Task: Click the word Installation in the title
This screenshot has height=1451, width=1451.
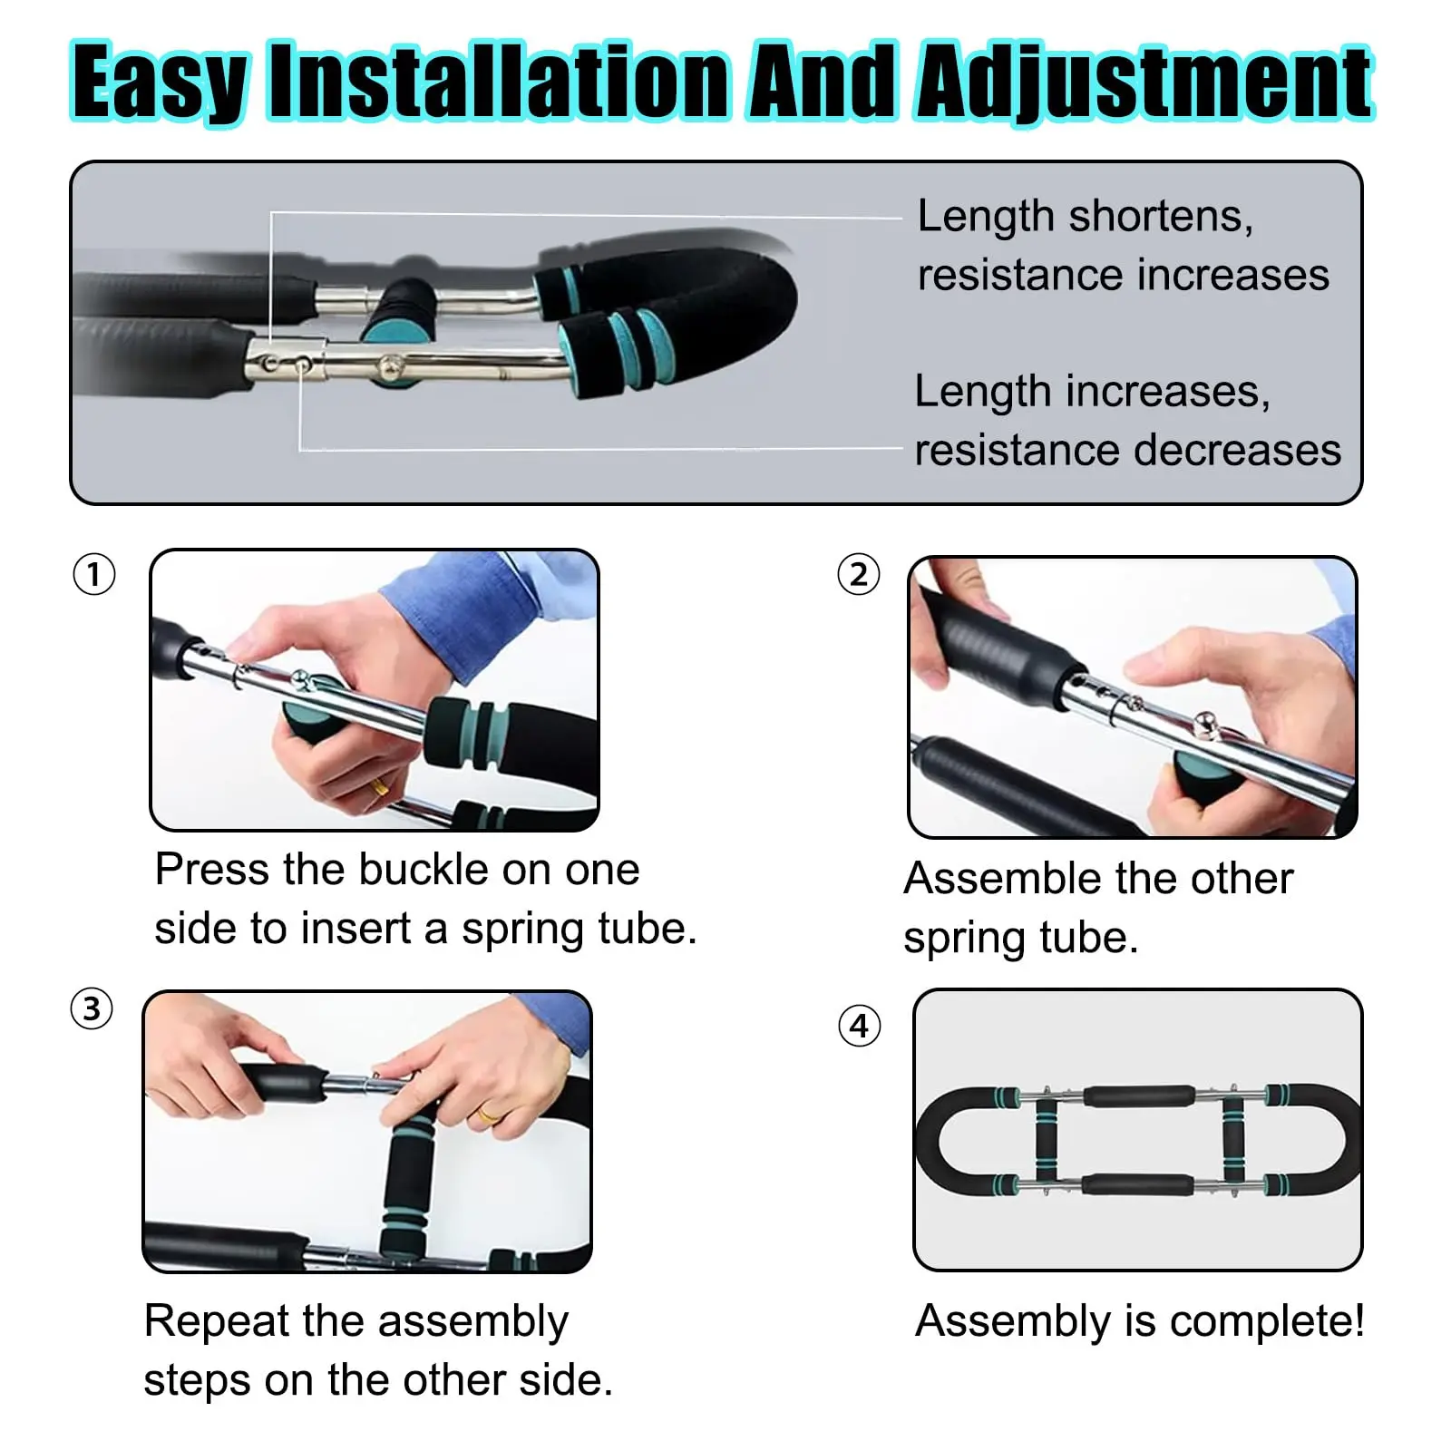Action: click(500, 82)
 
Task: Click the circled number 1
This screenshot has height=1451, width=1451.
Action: click(94, 574)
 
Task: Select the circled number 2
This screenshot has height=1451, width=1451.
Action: click(859, 574)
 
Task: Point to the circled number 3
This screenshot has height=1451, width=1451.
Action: click(92, 1008)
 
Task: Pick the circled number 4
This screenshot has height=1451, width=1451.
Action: click(859, 1026)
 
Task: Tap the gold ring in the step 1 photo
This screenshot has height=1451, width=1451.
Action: click(379, 787)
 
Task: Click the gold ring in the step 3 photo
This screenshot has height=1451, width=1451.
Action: click(488, 1115)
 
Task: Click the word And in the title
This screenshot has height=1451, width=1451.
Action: click(823, 82)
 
